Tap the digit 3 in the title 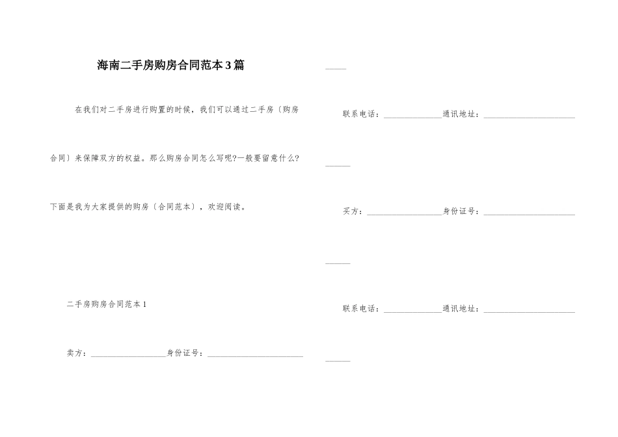(x=228, y=66)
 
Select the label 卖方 (x=75, y=353)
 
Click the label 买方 (x=351, y=211)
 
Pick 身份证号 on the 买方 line (x=461, y=211)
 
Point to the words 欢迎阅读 (x=224, y=207)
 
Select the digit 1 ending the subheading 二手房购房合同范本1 (x=144, y=304)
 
